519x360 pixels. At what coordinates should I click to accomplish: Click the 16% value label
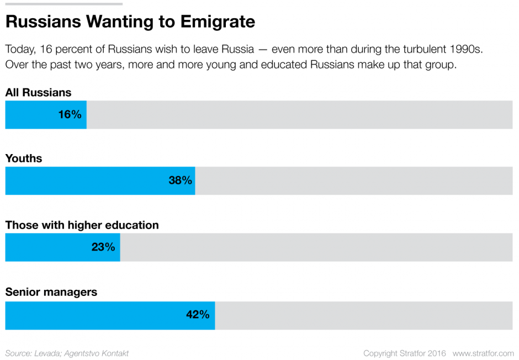[70, 115]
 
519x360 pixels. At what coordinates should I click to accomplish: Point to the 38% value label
[180, 181]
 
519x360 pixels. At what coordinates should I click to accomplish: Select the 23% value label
[103, 247]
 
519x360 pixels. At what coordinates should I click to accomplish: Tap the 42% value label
[198, 315]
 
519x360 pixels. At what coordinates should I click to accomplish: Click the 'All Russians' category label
[38, 93]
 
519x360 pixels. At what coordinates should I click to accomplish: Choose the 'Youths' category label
[24, 158]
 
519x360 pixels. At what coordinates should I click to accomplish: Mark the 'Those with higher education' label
[82, 225]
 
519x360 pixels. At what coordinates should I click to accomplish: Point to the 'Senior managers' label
[51, 292]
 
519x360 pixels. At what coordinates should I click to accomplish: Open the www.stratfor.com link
[483, 353]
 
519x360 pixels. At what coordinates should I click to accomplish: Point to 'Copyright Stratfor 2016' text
[404, 353]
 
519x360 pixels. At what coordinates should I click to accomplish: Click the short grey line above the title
[63, 4]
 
